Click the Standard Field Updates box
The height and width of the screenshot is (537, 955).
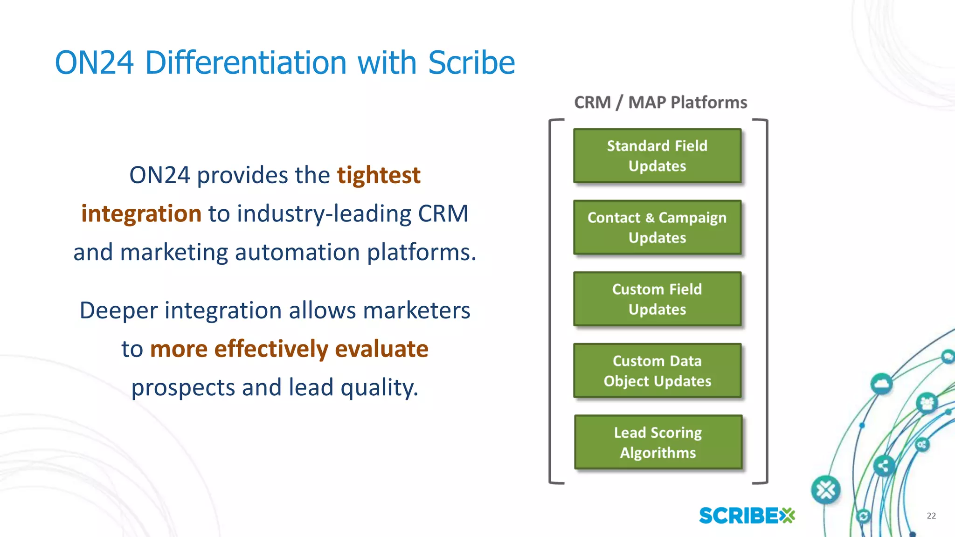click(x=657, y=156)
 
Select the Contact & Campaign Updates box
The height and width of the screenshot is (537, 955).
click(x=657, y=227)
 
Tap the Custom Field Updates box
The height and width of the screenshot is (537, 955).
click(x=657, y=299)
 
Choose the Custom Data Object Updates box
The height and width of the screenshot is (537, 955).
click(x=657, y=371)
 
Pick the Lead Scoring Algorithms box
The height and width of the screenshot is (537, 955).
click(x=657, y=442)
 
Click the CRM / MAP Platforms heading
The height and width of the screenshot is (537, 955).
click(x=660, y=102)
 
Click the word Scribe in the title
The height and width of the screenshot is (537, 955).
click(x=471, y=62)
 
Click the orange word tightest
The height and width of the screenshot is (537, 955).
click(x=379, y=175)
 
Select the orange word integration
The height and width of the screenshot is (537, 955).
click(x=141, y=213)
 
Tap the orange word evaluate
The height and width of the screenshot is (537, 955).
click(x=381, y=349)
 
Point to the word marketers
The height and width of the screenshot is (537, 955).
click(x=416, y=310)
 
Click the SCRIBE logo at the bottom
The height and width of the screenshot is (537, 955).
click(x=747, y=516)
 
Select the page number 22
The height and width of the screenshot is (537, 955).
click(x=931, y=516)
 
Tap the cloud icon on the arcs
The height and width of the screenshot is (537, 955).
click(x=881, y=384)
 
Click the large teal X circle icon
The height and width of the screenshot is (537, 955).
click(x=825, y=490)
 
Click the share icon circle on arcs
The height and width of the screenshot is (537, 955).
click(x=883, y=466)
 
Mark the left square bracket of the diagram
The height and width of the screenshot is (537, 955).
click(x=551, y=301)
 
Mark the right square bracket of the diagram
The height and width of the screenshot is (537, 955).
click(x=766, y=301)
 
